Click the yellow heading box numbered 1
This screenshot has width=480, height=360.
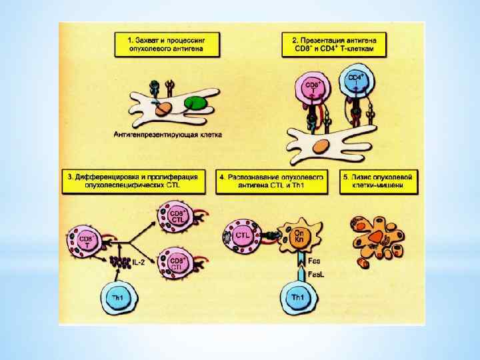tap(173, 45)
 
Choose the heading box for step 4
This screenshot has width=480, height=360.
tap(273, 181)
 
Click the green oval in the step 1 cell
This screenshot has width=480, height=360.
tap(195, 103)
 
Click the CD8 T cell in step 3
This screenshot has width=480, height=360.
tap(85, 241)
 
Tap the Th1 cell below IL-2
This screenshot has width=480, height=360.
tap(115, 297)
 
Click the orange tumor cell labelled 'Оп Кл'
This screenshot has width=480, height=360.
tap(299, 237)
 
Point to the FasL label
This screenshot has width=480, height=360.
tap(313, 274)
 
